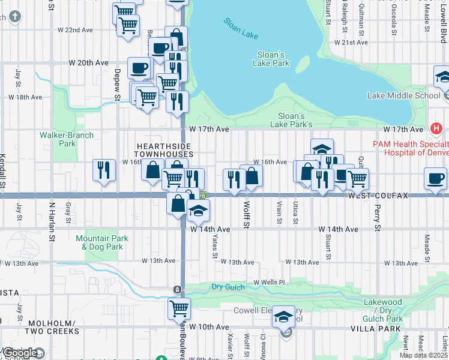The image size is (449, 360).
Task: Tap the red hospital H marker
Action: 436,128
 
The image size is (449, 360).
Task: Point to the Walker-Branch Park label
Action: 67,139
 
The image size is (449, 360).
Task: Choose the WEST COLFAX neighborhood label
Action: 377,196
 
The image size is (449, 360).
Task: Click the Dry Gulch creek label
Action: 228,287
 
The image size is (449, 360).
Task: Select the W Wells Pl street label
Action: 268,282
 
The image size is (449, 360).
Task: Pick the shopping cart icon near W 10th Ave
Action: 179,308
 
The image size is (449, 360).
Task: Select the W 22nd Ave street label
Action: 75,29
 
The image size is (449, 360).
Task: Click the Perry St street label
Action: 378,219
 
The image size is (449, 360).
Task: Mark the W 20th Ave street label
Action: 88,62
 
